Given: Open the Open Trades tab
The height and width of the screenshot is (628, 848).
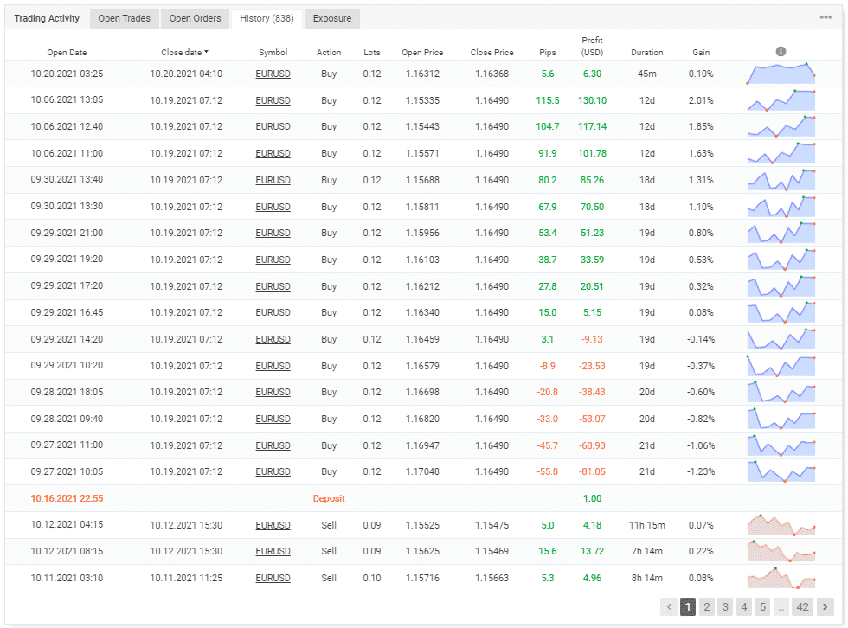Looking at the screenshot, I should [124, 18].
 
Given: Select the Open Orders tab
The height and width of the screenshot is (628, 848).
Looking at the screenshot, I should [195, 18].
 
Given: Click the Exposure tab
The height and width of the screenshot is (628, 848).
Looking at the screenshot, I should [332, 18].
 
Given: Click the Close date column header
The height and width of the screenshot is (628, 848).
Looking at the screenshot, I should [184, 53].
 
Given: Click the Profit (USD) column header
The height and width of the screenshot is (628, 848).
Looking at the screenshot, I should [593, 47].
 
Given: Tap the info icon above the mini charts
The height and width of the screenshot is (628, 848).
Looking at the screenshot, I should [781, 52].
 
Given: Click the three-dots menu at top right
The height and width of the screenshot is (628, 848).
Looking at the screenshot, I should [826, 17].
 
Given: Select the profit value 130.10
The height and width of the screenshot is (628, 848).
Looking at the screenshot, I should [593, 100].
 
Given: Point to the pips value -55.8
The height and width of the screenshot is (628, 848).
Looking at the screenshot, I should [548, 471].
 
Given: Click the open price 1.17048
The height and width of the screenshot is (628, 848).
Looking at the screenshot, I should [422, 471].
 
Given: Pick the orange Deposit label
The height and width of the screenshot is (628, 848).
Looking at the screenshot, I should [329, 498].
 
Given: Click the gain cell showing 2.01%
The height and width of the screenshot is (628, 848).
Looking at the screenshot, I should [701, 100].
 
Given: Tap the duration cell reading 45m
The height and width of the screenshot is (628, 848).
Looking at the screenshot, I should [646, 74].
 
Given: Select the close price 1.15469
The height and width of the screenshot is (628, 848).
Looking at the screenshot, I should [492, 551].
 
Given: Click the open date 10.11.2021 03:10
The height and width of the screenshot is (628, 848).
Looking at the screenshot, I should [67, 578].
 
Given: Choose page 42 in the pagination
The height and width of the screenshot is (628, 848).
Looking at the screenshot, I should [802, 607].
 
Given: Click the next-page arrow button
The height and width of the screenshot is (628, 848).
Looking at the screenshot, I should [826, 607].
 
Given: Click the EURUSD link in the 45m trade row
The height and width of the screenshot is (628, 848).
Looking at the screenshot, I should [273, 74].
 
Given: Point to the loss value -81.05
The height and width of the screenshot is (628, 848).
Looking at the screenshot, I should [593, 471].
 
